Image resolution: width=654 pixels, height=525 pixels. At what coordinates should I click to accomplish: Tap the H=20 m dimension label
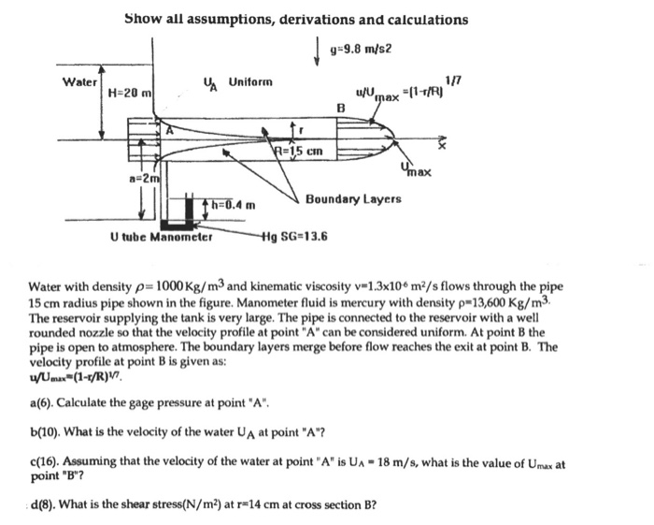coord(130,93)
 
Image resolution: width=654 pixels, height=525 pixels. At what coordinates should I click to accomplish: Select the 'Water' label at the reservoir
coord(78,81)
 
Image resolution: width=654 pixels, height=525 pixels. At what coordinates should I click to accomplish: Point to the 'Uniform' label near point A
coord(250,81)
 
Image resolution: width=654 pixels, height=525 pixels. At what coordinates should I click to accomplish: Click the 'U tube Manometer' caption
coord(163,237)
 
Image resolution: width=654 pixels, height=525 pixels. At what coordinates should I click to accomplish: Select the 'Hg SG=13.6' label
coord(297,237)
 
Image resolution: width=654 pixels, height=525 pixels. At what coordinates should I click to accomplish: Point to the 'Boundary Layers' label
coord(353,199)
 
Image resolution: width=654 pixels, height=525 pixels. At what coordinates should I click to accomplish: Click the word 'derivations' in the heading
coord(305,20)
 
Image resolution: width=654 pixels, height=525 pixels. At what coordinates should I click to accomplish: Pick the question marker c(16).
coord(45,463)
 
